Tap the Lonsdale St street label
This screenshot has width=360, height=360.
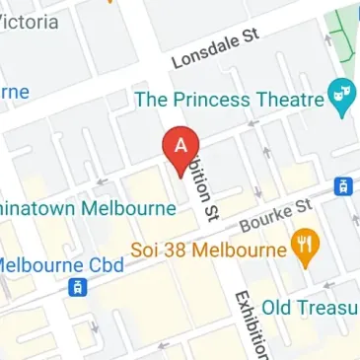[214, 47]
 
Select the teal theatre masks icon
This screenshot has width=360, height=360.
[343, 98]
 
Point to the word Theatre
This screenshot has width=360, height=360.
[295, 99]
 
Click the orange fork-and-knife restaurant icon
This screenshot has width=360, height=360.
[305, 248]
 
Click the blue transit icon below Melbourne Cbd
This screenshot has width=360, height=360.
[75, 288]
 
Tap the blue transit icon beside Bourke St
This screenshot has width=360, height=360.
[344, 185]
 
